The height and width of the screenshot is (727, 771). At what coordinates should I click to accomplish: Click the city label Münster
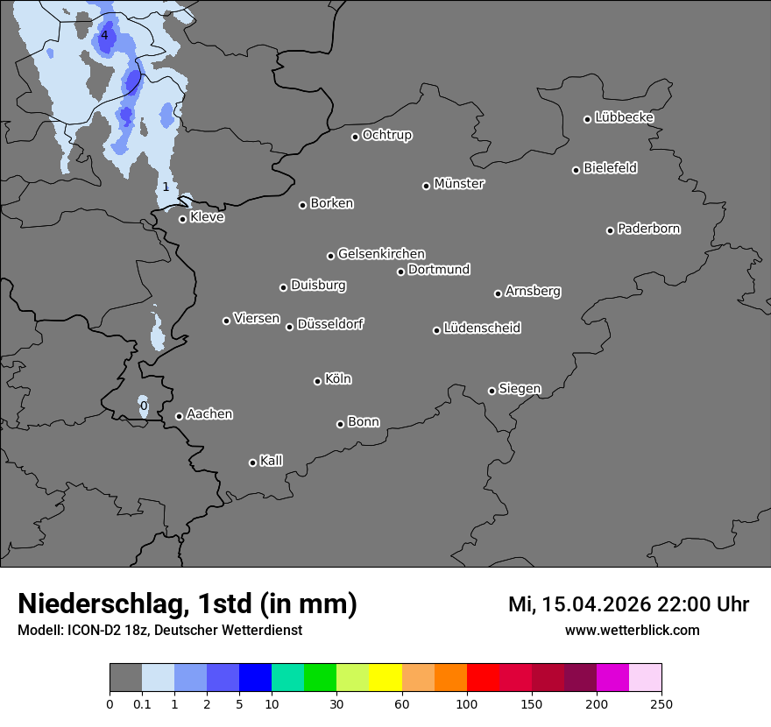coord(459,184)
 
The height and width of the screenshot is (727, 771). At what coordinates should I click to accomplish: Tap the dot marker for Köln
coord(317,381)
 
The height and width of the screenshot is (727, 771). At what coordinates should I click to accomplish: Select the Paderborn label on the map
coord(649,229)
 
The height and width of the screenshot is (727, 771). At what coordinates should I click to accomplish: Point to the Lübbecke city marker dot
coord(588,119)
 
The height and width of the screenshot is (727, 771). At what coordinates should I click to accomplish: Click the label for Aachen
coord(209,414)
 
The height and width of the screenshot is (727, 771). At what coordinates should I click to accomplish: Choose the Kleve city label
coord(208,217)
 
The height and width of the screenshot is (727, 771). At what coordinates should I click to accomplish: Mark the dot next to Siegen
coord(492,391)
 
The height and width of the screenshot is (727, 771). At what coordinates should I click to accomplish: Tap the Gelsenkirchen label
coord(381,254)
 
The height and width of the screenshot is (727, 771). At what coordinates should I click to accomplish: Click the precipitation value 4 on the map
coord(104,35)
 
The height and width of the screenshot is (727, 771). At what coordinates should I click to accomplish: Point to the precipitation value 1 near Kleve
coord(166,187)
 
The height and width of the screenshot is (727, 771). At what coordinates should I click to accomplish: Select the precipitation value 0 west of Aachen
coord(144,406)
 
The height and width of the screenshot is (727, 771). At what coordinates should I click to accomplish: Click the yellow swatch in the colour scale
coord(385,678)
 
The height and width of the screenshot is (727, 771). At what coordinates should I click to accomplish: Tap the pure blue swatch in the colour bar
coord(255,678)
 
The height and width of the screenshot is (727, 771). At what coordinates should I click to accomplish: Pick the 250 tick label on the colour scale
coord(661,704)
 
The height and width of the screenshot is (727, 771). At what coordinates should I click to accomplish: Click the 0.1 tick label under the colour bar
coord(142,704)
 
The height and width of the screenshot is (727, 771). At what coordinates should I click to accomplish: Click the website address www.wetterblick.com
coord(632,631)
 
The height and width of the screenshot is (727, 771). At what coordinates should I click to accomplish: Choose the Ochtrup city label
coord(387,135)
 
